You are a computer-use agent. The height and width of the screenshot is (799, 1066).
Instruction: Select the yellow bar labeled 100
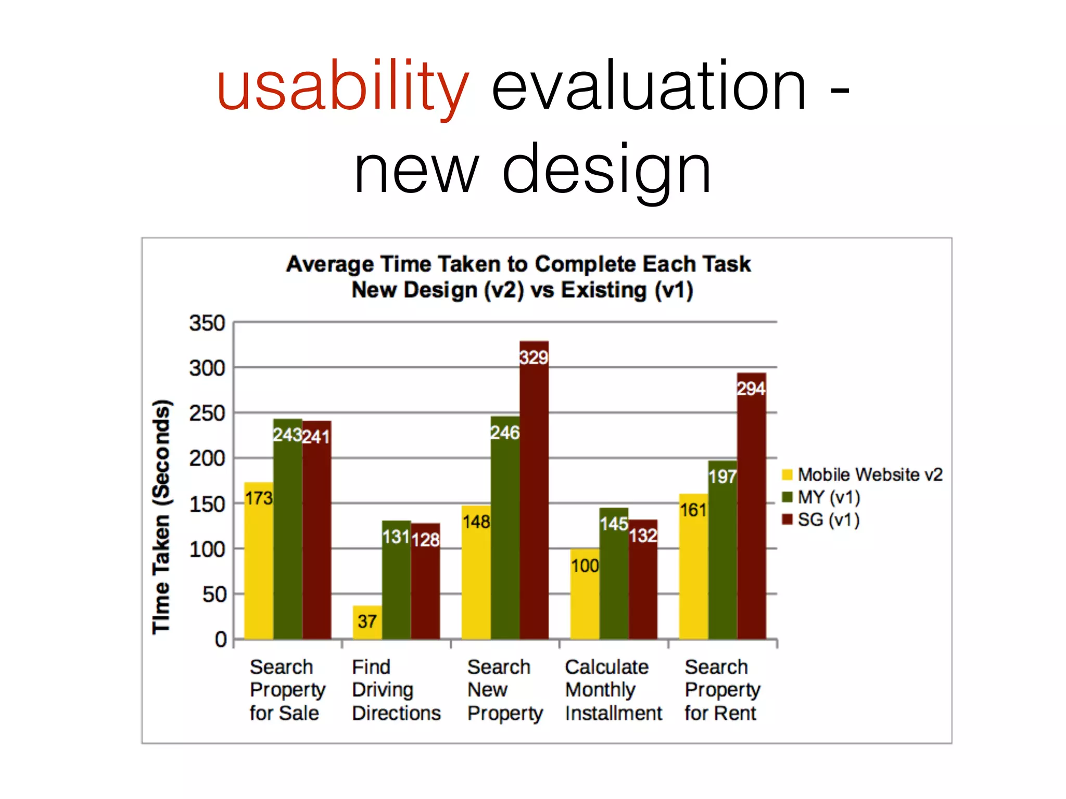click(585, 593)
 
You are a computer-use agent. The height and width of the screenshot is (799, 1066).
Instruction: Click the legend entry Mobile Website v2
click(864, 474)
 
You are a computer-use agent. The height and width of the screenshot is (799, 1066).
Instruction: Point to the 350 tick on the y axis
click(207, 323)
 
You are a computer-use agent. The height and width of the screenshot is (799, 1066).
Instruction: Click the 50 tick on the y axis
click(214, 594)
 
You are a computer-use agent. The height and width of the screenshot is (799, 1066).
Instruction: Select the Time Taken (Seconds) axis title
click(161, 517)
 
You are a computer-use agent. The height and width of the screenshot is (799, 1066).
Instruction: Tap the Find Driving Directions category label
click(396, 690)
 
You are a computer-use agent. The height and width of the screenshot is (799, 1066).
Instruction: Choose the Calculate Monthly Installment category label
click(613, 690)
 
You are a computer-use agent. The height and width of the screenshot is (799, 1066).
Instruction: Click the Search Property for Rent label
click(722, 690)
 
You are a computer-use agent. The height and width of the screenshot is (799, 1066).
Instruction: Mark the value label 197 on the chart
click(722, 476)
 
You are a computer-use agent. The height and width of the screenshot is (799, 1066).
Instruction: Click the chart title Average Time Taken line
click(518, 264)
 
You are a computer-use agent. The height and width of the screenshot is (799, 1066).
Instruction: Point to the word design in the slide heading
click(606, 170)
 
